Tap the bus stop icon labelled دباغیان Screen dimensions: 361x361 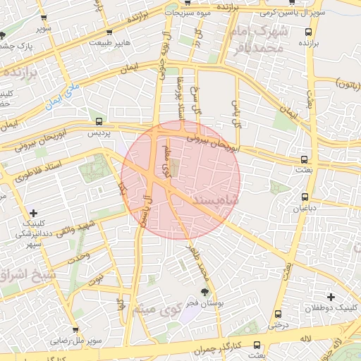[x=305, y=197]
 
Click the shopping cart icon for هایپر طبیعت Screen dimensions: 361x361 [x=109, y=32]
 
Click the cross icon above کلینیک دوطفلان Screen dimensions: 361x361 [x=331, y=297]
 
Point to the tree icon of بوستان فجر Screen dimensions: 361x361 [x=204, y=291]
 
